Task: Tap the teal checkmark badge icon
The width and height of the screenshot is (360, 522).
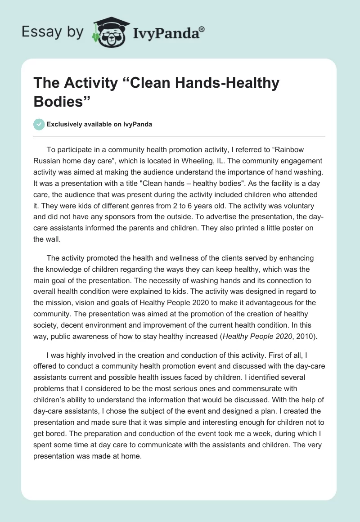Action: pyautogui.click(x=39, y=124)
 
